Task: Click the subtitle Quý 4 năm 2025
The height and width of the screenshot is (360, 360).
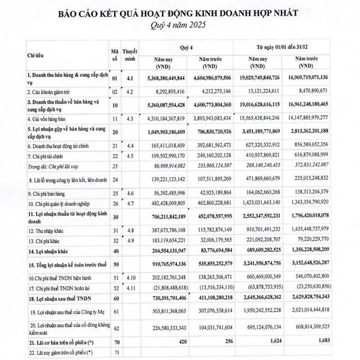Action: click(179, 26)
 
